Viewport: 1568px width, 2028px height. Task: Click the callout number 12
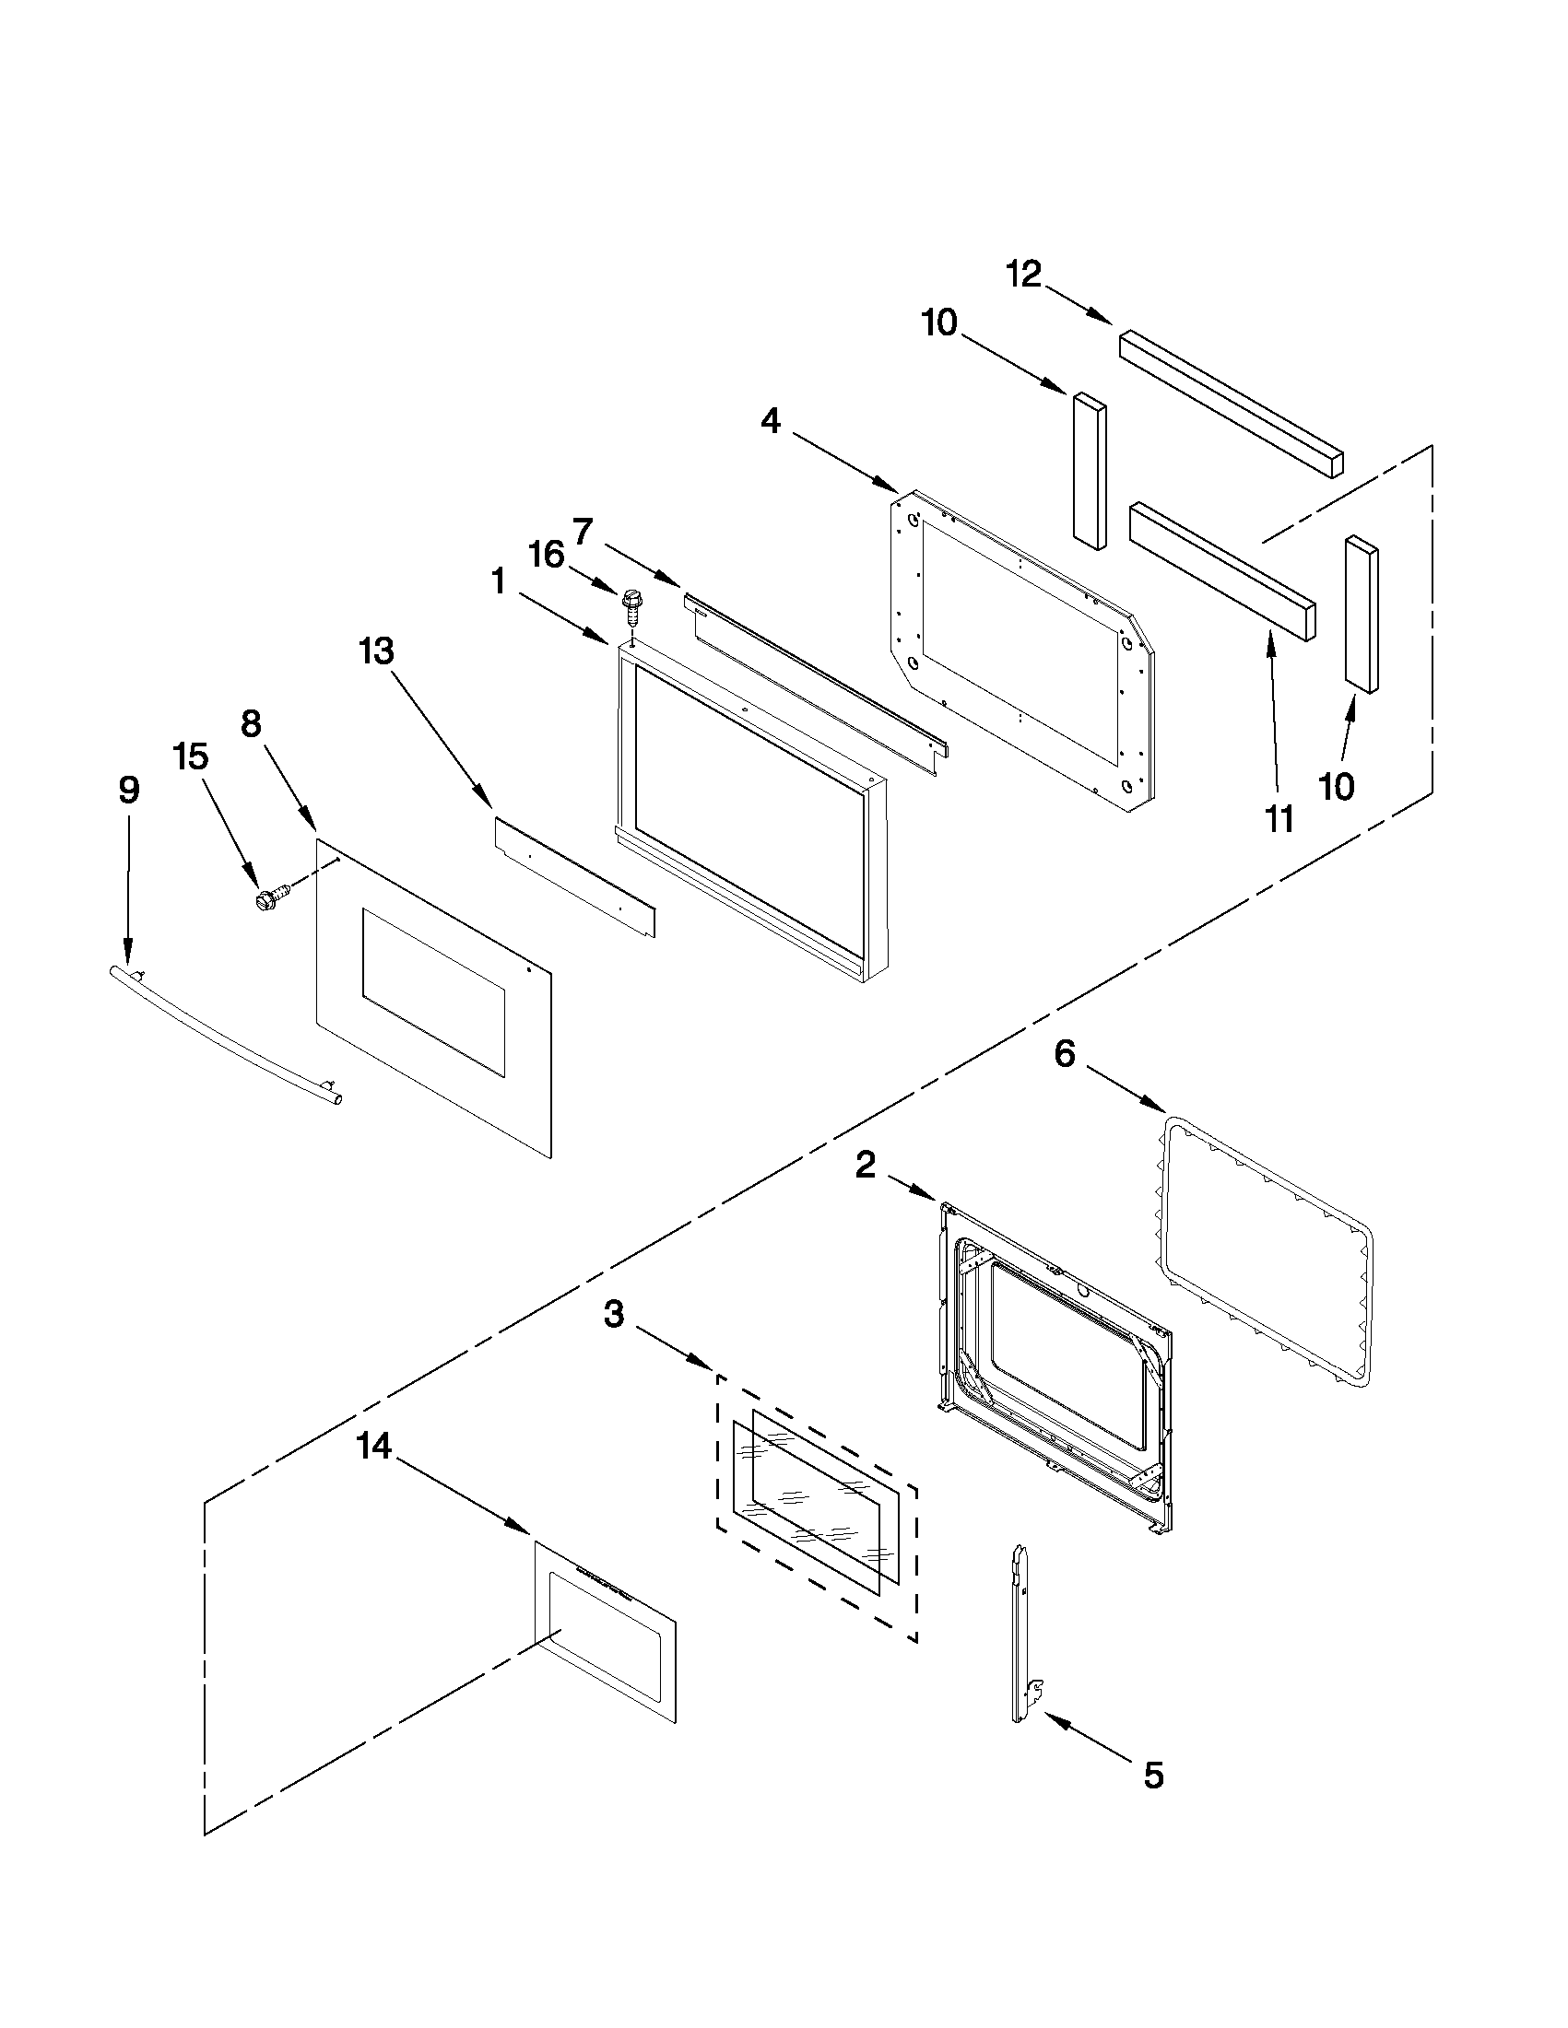tap(1024, 274)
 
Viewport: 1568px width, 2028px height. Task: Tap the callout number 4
tap(770, 422)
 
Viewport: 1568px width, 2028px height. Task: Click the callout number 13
tap(376, 651)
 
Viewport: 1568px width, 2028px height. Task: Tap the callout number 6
tap(1065, 1054)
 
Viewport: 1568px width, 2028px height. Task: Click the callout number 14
tap(374, 1446)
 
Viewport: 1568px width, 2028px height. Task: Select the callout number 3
tap(614, 1314)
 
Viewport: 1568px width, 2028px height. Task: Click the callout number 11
tap(1280, 819)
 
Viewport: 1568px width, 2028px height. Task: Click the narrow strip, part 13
tap(573, 876)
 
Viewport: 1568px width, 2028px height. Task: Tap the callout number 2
tap(865, 1165)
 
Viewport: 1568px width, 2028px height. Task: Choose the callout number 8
tap(251, 723)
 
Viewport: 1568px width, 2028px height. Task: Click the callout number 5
tap(1153, 1776)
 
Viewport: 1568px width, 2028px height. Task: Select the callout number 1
tap(499, 582)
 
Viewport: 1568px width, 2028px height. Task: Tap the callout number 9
tap(129, 790)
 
